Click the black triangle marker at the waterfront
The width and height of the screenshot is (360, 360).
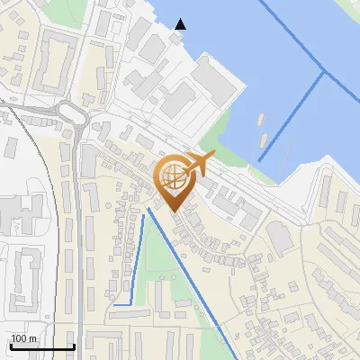[181, 24]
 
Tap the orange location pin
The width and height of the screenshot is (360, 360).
[174, 185]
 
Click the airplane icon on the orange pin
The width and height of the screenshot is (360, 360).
[200, 163]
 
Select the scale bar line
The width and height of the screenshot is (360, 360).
[41, 346]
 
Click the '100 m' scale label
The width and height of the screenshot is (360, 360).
[23, 338]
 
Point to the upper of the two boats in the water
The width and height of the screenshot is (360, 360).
[260, 119]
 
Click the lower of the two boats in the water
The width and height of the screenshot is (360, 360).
[265, 140]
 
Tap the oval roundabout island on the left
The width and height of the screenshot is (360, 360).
[69, 112]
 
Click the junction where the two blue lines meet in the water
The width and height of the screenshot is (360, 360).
[322, 73]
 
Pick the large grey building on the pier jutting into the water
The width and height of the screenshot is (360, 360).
[214, 80]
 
